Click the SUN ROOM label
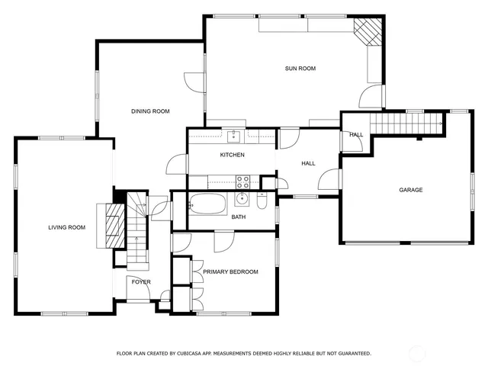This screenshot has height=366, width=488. [300, 69]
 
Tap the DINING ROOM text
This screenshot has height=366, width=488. [149, 111]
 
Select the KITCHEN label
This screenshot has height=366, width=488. [232, 156]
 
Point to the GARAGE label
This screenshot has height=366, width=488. [410, 190]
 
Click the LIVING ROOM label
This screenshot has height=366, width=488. [66, 227]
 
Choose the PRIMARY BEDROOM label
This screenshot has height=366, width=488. [230, 271]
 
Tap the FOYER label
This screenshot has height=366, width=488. [141, 282]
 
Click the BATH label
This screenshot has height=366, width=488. [239, 217]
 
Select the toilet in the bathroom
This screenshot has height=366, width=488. [262, 202]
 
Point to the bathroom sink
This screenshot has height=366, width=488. [242, 200]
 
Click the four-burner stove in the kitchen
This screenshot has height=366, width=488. [243, 181]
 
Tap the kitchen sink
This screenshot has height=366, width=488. [233, 136]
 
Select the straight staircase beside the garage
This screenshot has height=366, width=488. [406, 123]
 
